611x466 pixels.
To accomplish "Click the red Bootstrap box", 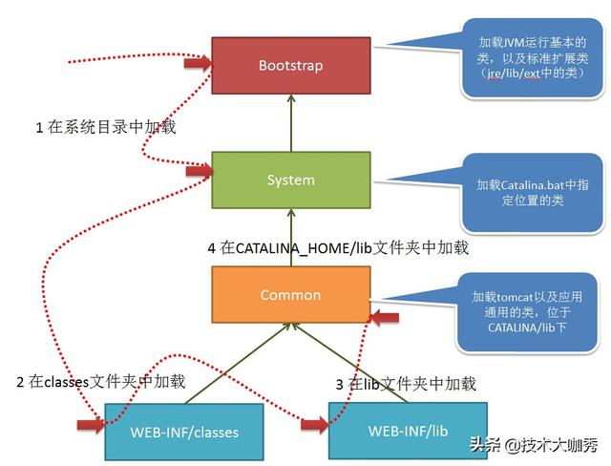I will coord(290,66).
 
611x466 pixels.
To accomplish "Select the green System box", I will coord(290,180).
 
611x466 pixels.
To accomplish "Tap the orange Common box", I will coord(290,295).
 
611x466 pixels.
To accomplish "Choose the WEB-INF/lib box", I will coord(408,431).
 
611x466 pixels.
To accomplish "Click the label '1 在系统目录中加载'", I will coord(106,127).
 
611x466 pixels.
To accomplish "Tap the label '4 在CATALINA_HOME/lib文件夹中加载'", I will coord(338,247).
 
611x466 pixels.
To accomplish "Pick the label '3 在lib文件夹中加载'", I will coord(406,384).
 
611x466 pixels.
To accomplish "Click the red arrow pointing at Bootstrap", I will coord(197,64).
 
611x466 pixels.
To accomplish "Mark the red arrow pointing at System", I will coord(199,172).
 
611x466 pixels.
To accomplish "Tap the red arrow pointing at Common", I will coord(384,317).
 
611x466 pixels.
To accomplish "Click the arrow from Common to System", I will coord(290,238).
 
